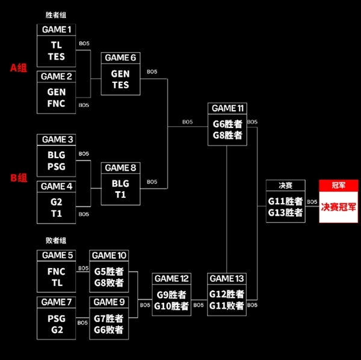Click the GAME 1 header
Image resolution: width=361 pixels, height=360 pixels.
(x=57, y=29)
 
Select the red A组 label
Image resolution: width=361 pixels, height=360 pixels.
(x=19, y=68)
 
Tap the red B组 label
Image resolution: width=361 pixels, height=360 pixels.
(x=19, y=177)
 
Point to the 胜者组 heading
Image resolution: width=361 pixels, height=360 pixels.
(x=57, y=14)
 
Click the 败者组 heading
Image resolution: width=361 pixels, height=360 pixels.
(x=57, y=240)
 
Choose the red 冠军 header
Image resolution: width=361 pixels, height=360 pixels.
(x=338, y=186)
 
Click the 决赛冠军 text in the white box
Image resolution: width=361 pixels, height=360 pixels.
(x=338, y=207)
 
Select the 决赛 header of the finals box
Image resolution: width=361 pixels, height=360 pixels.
(x=285, y=186)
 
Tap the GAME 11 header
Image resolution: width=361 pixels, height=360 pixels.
(x=227, y=109)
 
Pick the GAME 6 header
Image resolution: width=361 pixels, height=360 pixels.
(x=120, y=58)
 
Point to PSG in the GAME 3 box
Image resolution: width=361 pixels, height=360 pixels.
(x=57, y=166)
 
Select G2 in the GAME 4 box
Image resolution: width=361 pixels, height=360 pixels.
(x=57, y=202)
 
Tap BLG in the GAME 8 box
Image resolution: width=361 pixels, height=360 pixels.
(x=120, y=183)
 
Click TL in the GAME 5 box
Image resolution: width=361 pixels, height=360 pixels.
(x=57, y=282)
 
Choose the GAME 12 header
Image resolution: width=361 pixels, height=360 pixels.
(x=171, y=279)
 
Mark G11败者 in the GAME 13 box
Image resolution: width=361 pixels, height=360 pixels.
(x=227, y=305)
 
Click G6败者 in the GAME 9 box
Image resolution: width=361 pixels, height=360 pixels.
(x=109, y=329)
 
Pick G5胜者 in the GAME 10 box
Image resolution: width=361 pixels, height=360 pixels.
(x=109, y=271)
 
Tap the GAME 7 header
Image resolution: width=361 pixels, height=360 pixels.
(x=57, y=302)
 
